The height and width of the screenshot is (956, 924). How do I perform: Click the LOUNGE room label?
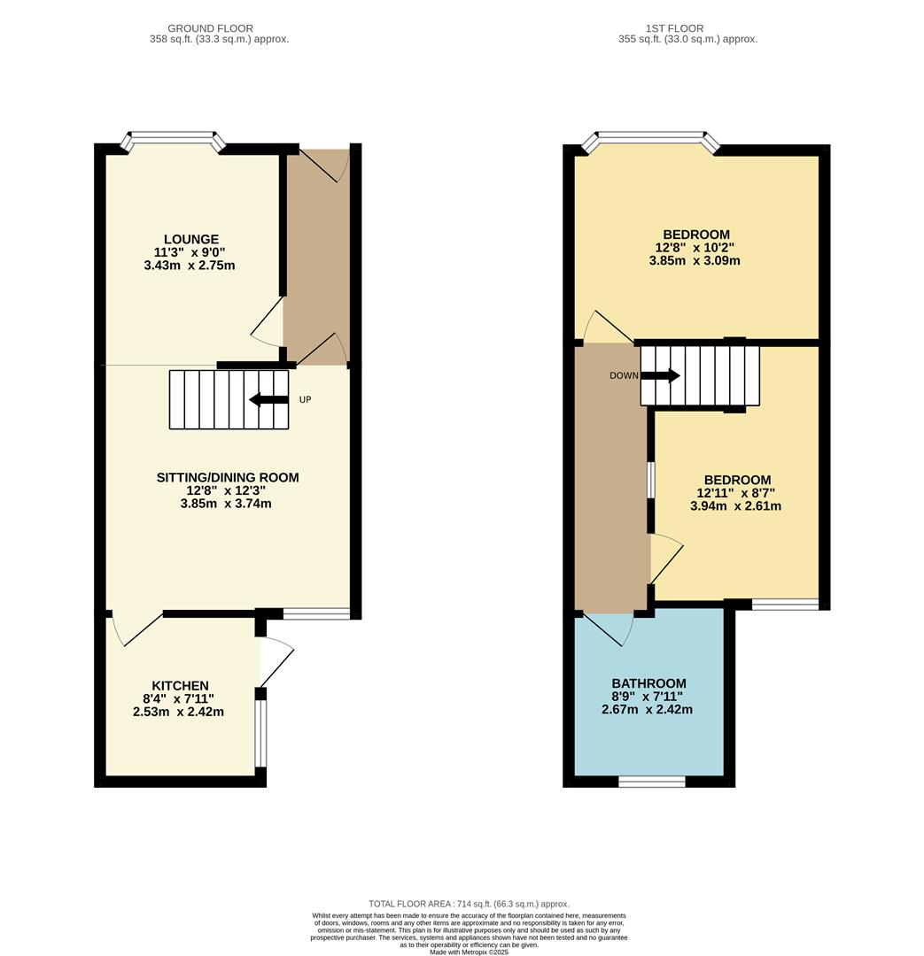coord(190,239)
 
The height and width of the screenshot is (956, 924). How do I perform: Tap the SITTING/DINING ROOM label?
coord(228,477)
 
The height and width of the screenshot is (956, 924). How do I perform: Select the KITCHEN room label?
coord(180,685)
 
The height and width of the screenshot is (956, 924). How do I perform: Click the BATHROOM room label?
coord(648,683)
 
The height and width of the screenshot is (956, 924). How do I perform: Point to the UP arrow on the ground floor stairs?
coord(268,399)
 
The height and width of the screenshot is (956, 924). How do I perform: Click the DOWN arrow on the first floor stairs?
coord(660,375)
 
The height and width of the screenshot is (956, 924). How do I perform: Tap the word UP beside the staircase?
coord(305,399)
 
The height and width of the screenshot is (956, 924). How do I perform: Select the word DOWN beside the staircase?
coord(624,375)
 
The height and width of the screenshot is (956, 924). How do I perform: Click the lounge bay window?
coord(173,138)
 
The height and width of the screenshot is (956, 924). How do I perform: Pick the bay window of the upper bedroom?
coord(651,138)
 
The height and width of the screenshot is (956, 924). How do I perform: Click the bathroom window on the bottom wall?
coord(651,781)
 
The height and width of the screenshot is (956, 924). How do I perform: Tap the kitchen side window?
coord(260,733)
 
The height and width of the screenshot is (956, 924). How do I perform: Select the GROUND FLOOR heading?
coord(210,28)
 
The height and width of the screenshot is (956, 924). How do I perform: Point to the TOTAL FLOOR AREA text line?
coord(469,904)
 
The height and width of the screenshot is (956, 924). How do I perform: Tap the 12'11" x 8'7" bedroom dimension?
coord(735,493)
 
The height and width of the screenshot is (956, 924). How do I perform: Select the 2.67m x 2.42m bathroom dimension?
coord(647,710)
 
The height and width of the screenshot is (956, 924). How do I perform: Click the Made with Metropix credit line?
coord(469,952)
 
